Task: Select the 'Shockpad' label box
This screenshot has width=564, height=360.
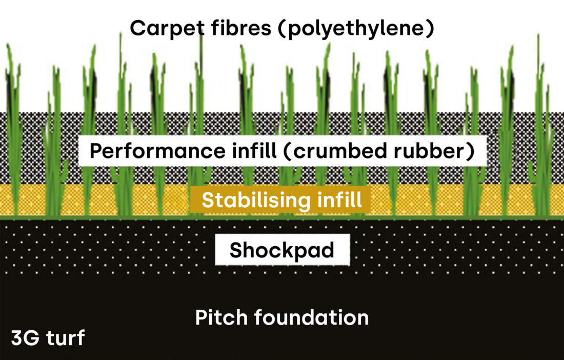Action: pos(282,250)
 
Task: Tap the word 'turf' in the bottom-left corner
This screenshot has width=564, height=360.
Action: pos(64,338)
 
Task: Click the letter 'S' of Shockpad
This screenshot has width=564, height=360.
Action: pos(236,250)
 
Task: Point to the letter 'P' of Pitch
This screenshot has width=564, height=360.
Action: pos(200,318)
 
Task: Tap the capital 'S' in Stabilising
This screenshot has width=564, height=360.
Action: pos(208,200)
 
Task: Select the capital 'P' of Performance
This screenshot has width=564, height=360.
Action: pos(96,151)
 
